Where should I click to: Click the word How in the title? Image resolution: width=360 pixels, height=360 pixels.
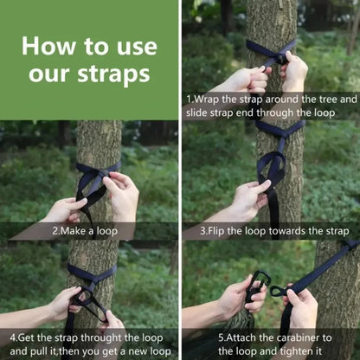click(46, 45)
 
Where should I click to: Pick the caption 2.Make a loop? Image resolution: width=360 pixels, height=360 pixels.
click(90, 231)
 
